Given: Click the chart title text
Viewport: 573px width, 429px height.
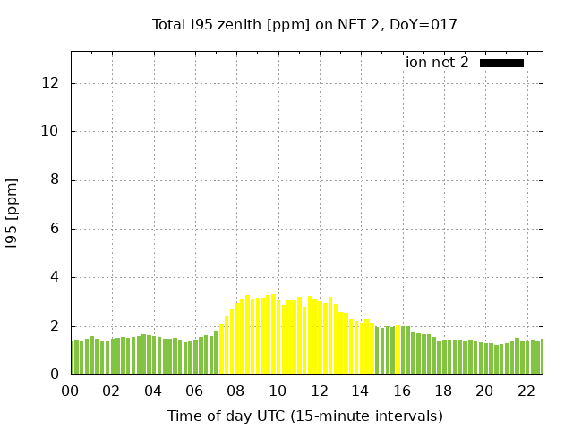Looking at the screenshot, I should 304,25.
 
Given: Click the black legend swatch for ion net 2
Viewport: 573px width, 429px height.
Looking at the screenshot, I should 501,63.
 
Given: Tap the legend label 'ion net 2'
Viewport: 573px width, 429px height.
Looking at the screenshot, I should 437,63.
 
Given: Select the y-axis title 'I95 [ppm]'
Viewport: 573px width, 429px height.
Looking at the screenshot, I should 13,213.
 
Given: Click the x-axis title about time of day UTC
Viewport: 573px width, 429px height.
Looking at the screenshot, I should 304,416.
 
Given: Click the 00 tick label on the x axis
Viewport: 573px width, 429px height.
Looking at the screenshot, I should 71,391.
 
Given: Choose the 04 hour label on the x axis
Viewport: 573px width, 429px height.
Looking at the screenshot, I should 153,391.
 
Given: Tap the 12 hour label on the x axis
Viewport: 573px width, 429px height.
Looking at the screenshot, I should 319,391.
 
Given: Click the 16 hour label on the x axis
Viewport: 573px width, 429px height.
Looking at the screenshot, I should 402,391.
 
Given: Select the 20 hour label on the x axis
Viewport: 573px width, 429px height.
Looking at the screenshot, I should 484,391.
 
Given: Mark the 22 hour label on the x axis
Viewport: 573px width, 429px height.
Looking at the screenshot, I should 526,391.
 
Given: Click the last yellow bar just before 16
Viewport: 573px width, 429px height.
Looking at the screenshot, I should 398,350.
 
